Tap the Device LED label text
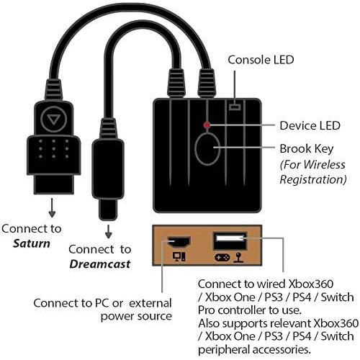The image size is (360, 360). point(310,125)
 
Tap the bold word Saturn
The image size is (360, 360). point(32,243)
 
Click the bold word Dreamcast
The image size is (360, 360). point(99,264)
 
